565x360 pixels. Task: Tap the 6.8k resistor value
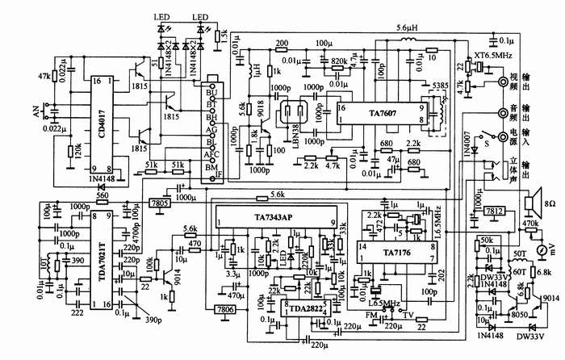coord(542,274)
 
